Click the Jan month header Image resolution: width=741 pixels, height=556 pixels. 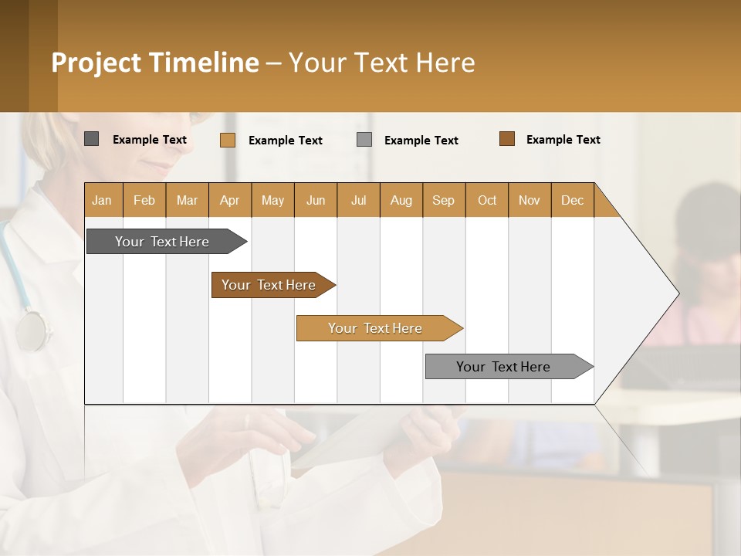click(x=103, y=200)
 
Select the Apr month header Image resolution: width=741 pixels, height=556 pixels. click(x=230, y=200)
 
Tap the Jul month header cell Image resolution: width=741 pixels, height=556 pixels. click(x=359, y=200)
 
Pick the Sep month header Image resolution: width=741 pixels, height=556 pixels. click(x=444, y=200)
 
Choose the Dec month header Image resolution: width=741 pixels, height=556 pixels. click(x=573, y=200)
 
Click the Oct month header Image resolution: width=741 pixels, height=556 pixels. click(x=487, y=200)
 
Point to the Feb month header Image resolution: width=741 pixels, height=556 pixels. click(x=144, y=200)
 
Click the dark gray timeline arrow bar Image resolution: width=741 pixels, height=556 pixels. click(x=162, y=242)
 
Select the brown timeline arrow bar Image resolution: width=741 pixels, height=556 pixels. click(x=269, y=285)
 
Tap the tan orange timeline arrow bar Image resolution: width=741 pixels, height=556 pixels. click(x=375, y=328)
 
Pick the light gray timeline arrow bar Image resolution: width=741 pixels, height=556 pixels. click(x=503, y=367)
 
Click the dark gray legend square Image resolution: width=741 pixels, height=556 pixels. click(x=91, y=139)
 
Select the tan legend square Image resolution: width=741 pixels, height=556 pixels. click(x=227, y=140)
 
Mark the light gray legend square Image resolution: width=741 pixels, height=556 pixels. click(x=364, y=139)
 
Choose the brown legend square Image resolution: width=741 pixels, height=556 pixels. click(x=507, y=139)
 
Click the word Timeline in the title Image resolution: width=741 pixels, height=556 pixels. click(x=203, y=63)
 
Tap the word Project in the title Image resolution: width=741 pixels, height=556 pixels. click(x=96, y=63)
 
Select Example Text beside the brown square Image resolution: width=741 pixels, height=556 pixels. click(x=563, y=140)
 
